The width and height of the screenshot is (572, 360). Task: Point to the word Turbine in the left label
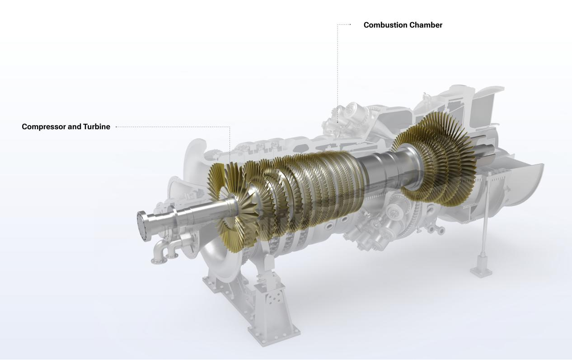97,127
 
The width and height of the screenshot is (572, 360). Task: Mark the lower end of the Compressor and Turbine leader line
230,163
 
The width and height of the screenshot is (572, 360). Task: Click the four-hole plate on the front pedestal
273,298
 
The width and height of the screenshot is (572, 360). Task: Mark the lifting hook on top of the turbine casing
425,97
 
